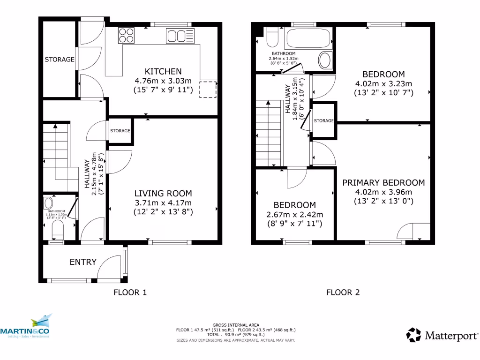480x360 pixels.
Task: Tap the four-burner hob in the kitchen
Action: click(126, 36)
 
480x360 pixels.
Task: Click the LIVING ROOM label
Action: click(163, 193)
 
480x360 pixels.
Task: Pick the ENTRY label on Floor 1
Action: click(83, 262)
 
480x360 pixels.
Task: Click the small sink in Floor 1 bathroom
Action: click(48, 203)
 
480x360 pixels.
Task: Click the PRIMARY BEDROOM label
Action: click(383, 183)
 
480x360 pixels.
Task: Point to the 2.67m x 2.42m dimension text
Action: click(294, 215)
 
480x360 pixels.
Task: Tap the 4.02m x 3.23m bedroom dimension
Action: click(383, 84)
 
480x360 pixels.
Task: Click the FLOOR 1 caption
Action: click(130, 292)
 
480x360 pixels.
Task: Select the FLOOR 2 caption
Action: click(343, 292)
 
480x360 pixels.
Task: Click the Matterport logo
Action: click(442, 335)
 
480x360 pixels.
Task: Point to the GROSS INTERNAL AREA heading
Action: click(235, 325)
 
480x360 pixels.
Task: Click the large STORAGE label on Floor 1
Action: click(60, 60)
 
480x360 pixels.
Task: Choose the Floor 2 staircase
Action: click(269, 134)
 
